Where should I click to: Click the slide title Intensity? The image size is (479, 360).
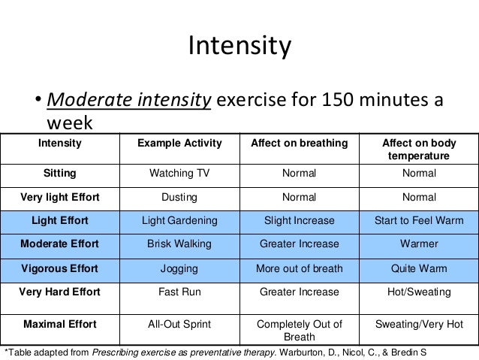239,49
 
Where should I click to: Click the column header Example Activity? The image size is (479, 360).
179,142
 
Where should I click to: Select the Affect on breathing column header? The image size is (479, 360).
299,142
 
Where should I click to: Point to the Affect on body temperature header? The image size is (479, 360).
419,149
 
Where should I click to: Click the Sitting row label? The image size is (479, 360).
59,174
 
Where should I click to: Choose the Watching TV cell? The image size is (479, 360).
179,174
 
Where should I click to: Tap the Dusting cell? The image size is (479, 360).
179,197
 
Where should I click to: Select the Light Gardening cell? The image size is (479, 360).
179,220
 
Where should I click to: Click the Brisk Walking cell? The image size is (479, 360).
179,244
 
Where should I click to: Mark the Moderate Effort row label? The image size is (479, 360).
59,244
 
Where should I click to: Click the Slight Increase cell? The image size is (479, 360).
299,220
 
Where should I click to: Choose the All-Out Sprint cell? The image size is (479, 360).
179,324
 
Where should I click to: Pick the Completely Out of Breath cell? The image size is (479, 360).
299,331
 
